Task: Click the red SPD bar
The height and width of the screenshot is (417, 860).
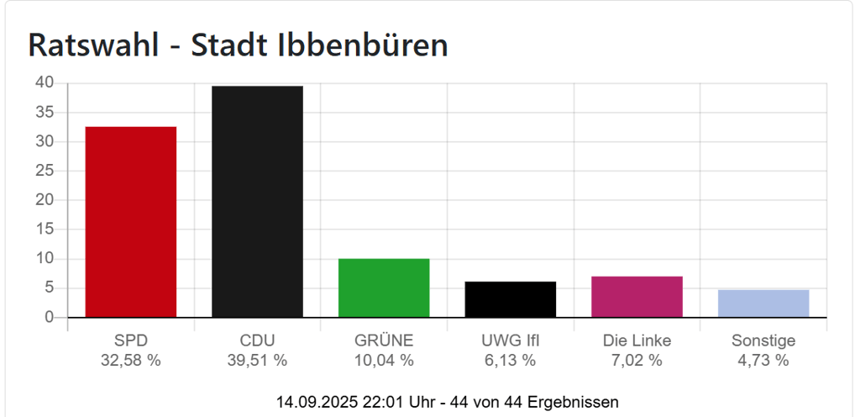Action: click(x=130, y=222)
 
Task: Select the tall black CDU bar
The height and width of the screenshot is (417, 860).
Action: click(x=257, y=202)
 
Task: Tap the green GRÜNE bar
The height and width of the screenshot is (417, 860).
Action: click(x=384, y=288)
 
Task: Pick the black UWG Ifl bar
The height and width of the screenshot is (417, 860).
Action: click(x=511, y=299)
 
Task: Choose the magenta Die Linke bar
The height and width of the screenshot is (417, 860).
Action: click(x=637, y=297)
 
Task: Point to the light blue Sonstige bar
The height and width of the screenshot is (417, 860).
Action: click(x=763, y=304)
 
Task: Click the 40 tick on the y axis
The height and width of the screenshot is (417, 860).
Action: click(x=44, y=82)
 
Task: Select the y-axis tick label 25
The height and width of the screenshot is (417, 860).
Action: click(x=44, y=171)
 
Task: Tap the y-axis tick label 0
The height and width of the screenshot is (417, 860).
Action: click(x=49, y=317)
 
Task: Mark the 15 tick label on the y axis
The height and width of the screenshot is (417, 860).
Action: click(x=44, y=229)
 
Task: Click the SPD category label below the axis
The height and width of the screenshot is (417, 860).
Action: click(x=130, y=340)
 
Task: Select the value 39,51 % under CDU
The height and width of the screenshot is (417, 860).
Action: click(x=257, y=361)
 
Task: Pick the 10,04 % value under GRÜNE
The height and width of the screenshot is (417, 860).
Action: click(x=384, y=361)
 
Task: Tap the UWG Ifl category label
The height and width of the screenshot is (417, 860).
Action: click(x=511, y=340)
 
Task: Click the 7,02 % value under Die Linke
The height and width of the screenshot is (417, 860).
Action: click(x=637, y=361)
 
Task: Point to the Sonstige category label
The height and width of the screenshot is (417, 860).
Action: click(x=763, y=340)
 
